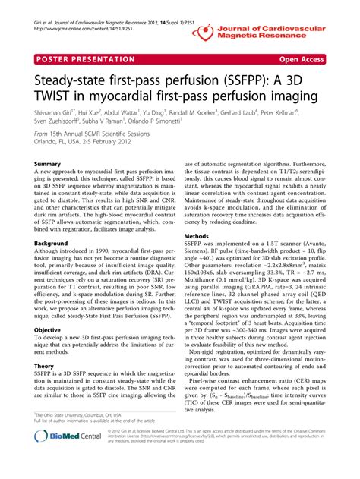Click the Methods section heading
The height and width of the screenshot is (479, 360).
[199, 236]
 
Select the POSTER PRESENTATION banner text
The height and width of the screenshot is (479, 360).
[85, 58]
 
